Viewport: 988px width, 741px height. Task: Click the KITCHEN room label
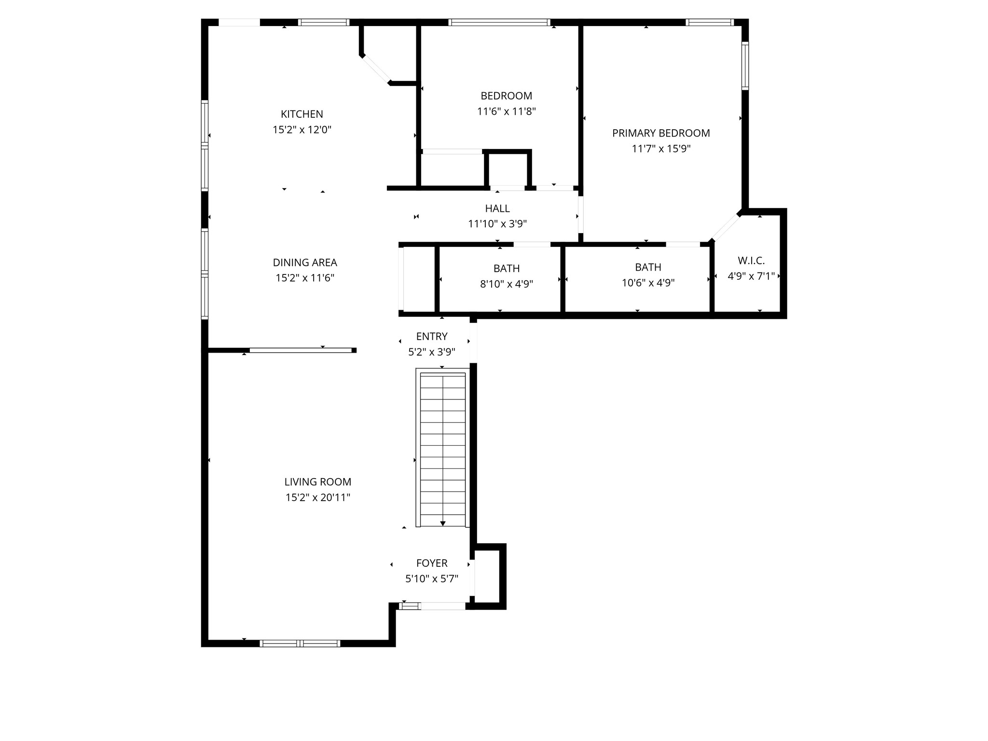point(302,114)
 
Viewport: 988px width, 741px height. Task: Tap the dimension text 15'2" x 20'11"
point(317,497)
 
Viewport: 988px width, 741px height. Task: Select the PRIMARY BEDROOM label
point(661,133)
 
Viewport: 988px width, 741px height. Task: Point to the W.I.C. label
point(751,261)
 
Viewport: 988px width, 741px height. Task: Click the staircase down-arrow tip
point(443,524)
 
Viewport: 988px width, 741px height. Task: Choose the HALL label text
point(497,208)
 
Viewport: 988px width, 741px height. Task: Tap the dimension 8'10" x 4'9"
point(507,284)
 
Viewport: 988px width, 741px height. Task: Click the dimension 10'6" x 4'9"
point(648,283)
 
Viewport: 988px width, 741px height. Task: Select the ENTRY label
point(432,336)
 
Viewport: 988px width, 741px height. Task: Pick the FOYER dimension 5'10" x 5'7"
point(432,578)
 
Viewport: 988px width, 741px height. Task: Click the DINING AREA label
point(305,262)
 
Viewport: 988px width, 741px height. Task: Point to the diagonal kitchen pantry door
point(376,69)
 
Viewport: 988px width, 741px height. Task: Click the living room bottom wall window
point(300,643)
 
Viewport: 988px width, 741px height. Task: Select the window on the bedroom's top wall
point(499,22)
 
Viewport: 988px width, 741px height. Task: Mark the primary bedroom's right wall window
point(745,66)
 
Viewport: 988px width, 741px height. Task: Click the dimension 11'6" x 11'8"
point(507,111)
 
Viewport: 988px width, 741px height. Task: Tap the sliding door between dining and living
point(301,350)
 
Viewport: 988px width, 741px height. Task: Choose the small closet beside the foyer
point(488,576)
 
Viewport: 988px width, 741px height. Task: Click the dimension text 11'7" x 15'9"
point(661,149)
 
